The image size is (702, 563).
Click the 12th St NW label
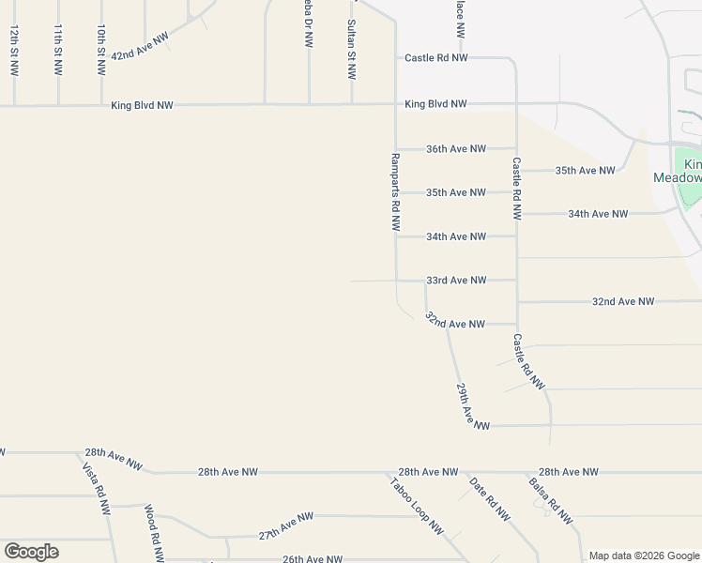[14, 51]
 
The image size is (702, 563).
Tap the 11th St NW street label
[58, 51]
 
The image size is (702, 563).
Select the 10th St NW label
[101, 51]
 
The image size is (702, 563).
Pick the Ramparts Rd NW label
[396, 192]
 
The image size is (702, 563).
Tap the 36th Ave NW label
[456, 149]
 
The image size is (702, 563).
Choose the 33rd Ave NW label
[456, 281]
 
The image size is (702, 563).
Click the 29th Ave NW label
[473, 406]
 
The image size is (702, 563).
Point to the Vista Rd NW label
[96, 489]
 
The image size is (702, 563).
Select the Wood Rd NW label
[153, 531]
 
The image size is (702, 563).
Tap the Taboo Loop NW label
[417, 506]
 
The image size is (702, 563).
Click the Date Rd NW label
[489, 500]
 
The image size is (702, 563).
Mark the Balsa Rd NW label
[550, 500]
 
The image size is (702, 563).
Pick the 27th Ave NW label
[285, 527]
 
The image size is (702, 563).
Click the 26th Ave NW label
[313, 559]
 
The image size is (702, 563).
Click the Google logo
[31, 552]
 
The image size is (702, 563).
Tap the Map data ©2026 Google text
[644, 555]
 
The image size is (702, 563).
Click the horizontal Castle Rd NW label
[435, 58]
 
